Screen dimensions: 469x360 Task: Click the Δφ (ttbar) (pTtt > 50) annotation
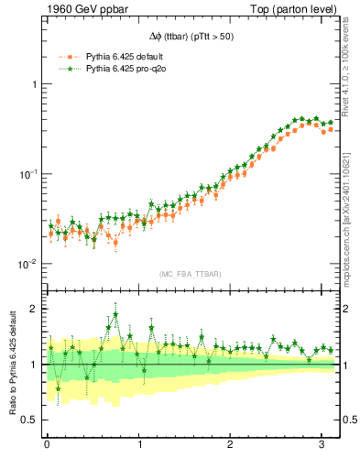click(192, 39)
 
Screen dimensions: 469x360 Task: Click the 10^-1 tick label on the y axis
click(30, 173)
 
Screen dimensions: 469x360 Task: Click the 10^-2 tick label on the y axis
click(30, 264)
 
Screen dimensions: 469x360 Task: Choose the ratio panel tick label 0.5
click(30, 420)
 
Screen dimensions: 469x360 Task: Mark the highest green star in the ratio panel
click(115, 313)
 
